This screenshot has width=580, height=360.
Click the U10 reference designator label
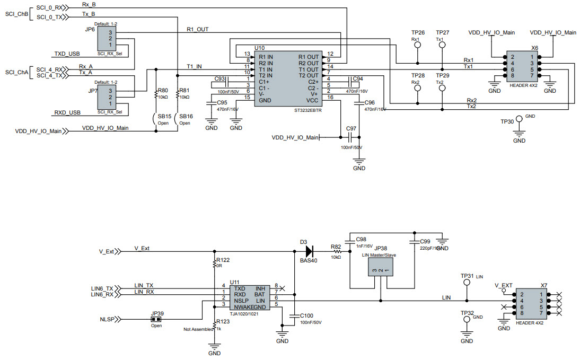tap(259, 48)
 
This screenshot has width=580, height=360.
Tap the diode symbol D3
tap(309, 251)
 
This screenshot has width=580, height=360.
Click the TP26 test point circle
tap(417, 46)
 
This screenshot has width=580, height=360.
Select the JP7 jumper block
tap(110, 98)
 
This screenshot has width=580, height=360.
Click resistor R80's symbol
tap(156, 95)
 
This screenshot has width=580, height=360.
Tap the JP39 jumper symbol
tap(156, 320)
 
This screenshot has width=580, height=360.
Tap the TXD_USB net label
tap(67, 54)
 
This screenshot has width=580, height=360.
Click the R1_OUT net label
tap(198, 30)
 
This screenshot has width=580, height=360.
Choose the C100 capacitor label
tap(307, 315)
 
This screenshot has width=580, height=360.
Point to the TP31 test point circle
tap(467, 283)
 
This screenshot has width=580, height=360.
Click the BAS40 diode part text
tap(307, 261)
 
